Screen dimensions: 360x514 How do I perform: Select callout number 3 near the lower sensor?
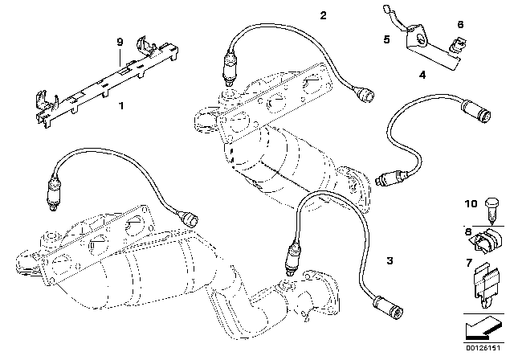(390, 260)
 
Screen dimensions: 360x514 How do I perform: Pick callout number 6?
(460, 26)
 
